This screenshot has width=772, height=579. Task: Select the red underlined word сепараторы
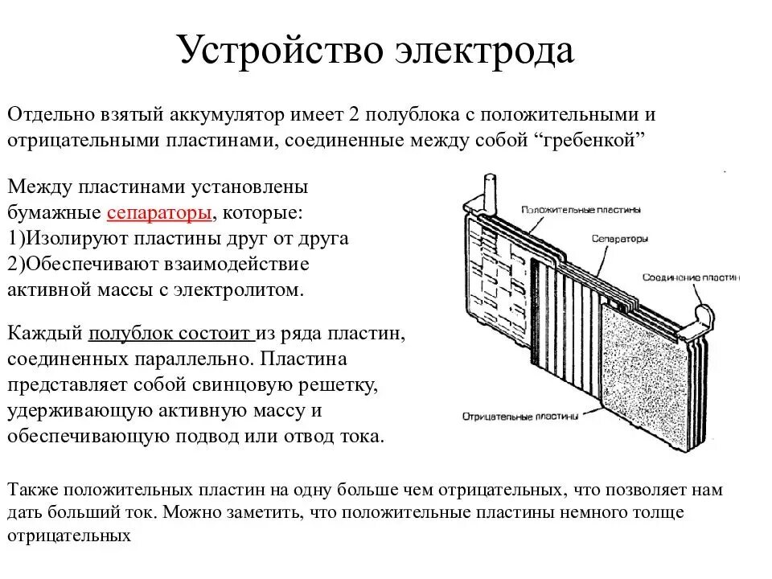pos(159,212)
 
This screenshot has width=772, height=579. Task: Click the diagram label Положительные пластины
pos(581,210)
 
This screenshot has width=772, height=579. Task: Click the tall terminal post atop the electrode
pos(487,193)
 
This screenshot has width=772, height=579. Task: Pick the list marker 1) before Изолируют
pos(16,239)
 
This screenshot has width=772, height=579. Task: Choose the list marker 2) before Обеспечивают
pos(16,265)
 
